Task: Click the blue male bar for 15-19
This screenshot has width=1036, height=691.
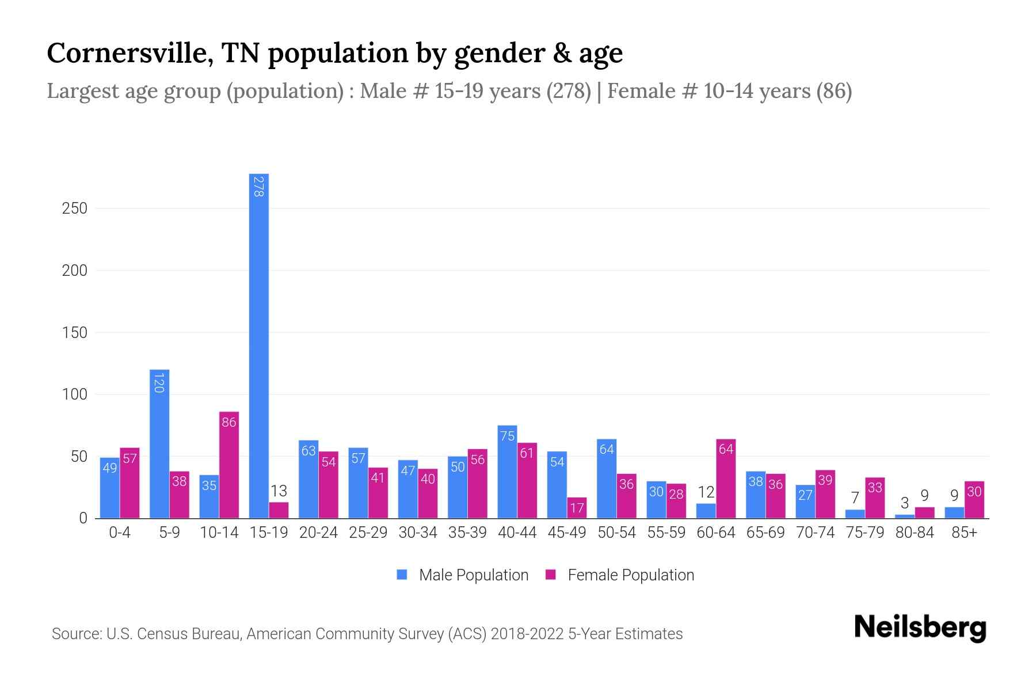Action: click(259, 345)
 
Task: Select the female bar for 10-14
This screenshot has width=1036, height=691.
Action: click(229, 465)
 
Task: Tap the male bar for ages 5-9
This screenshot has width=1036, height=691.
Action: click(159, 443)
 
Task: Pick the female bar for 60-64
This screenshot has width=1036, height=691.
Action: click(726, 479)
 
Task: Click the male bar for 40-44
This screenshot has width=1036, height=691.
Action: click(507, 472)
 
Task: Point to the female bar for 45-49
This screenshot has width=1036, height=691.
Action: click(577, 508)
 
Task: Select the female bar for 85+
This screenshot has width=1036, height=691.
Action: click(974, 500)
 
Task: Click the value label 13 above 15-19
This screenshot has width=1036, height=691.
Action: click(279, 491)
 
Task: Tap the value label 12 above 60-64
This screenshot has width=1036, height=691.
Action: click(706, 492)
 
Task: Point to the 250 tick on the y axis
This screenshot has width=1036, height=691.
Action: click(75, 208)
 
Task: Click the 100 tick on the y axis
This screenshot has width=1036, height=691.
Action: click(75, 394)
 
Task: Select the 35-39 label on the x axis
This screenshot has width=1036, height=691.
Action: click(467, 533)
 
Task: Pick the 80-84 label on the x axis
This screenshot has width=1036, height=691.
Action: click(915, 533)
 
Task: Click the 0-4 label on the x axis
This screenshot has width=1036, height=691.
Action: click(120, 533)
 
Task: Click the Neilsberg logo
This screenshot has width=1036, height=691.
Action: click(920, 628)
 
